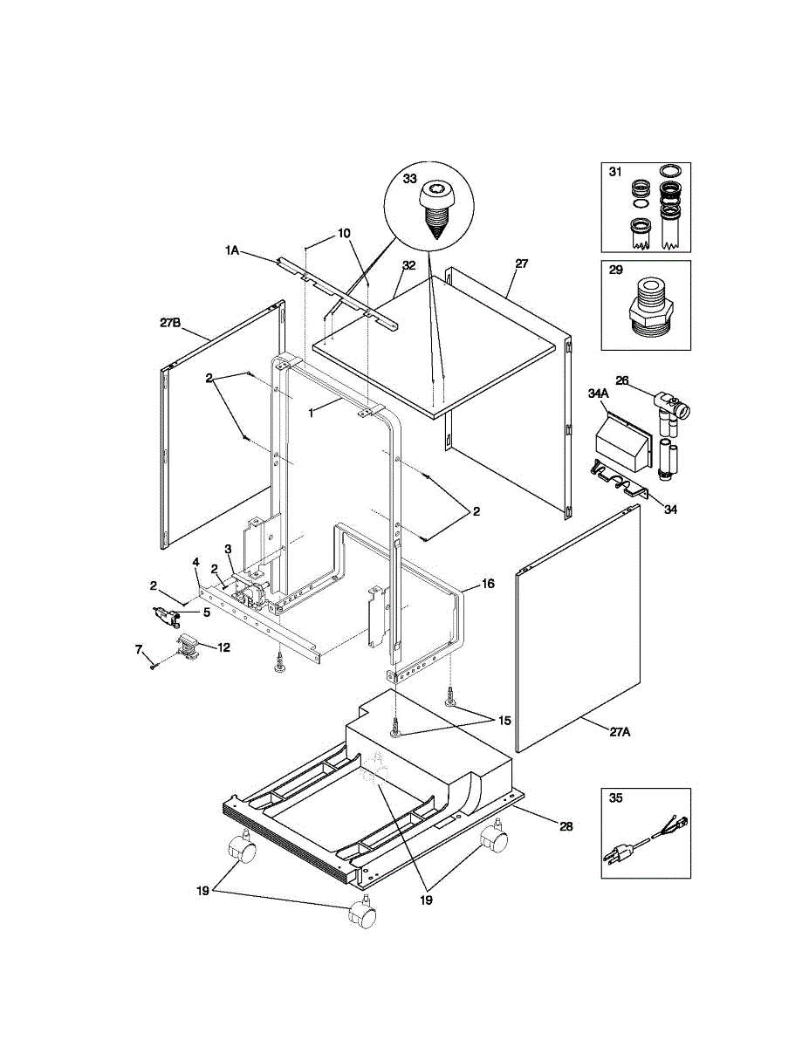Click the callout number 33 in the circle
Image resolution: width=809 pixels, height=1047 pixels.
(409, 178)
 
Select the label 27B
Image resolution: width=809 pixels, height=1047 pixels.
(170, 322)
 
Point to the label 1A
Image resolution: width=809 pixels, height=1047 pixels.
(232, 250)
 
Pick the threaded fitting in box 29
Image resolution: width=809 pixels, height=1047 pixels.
(647, 309)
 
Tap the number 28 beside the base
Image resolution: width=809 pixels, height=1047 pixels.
(566, 825)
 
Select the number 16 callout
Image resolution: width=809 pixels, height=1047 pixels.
(488, 584)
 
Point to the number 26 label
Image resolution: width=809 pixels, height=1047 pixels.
(622, 380)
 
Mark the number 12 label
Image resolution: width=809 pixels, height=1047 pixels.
(223, 647)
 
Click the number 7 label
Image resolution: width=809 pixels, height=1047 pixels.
(137, 649)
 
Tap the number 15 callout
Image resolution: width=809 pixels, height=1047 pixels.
(504, 720)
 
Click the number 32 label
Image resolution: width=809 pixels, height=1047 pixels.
(408, 264)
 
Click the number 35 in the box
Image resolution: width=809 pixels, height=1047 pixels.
(616, 797)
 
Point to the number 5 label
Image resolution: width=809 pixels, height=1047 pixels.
(207, 612)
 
